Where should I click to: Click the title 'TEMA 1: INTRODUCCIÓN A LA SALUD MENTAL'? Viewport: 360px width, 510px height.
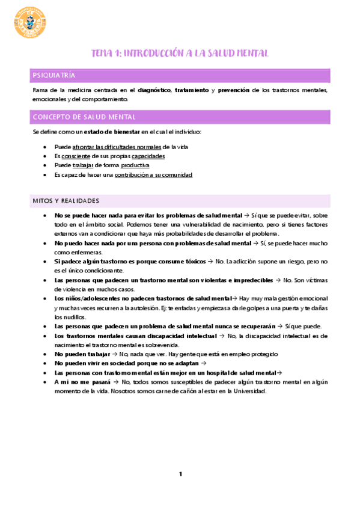click(180, 54)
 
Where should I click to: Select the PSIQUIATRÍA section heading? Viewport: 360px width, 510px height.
click(54, 75)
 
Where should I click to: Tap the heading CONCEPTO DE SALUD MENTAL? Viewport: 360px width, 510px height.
click(84, 117)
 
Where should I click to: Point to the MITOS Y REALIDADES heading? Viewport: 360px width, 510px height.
click(66, 200)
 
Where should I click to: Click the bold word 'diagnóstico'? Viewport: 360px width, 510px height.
click(154, 90)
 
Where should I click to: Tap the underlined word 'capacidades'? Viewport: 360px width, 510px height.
click(148, 156)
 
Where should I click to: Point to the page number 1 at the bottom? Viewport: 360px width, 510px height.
click(180, 475)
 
